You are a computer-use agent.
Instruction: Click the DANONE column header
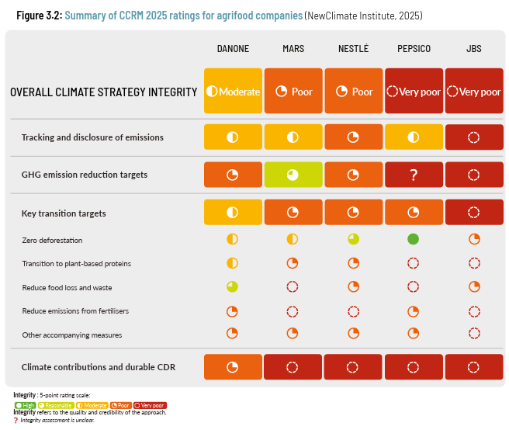233,49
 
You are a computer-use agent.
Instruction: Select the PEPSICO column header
414,49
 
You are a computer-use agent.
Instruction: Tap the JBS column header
474,49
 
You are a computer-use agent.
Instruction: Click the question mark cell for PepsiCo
414,175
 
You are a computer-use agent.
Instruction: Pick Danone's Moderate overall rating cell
233,92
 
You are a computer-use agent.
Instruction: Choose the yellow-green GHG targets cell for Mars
293,175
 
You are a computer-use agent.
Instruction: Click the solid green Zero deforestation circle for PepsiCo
414,239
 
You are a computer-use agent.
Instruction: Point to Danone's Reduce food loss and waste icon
232,286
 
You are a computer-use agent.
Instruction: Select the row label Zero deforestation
52,241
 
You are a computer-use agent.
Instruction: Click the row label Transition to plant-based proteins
76,264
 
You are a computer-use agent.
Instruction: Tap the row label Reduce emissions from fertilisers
76,311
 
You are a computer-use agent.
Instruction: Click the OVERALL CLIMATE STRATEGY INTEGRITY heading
103,92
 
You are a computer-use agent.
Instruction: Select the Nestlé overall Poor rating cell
353,92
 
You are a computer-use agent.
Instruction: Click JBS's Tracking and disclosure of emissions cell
474,137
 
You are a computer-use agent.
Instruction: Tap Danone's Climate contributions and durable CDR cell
233,367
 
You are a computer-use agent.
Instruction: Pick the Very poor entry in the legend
151,405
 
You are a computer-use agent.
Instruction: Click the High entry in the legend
26,405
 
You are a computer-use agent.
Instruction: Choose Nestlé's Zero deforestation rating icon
353,239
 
